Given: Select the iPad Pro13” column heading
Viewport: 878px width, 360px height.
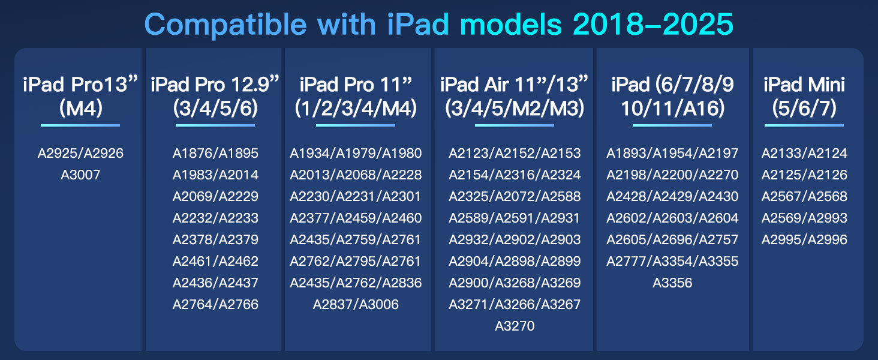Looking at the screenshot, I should [x=80, y=85].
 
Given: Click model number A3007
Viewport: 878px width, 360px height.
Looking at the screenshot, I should [x=80, y=175].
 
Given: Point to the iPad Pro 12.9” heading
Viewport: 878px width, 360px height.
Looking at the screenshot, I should [x=215, y=85].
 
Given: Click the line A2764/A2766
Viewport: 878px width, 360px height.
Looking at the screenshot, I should [x=215, y=305].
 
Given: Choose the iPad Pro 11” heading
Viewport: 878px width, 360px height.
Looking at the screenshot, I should [x=356, y=85].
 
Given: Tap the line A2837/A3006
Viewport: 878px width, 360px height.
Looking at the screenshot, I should [x=356, y=305].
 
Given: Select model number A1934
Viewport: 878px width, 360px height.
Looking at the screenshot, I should [x=311, y=154].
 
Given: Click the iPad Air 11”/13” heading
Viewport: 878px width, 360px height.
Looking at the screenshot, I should [x=515, y=85].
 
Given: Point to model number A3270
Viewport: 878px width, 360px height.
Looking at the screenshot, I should [x=515, y=326].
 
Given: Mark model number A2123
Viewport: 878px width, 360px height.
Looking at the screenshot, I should [x=470, y=154].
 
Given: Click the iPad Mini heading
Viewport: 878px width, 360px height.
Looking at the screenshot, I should [x=804, y=85].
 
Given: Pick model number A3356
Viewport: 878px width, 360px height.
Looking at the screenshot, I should [x=672, y=283].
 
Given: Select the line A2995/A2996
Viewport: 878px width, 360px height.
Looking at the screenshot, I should [x=804, y=240].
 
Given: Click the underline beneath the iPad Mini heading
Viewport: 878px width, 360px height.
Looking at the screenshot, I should [x=804, y=125].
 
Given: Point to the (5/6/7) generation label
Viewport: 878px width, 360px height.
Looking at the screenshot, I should [x=804, y=109].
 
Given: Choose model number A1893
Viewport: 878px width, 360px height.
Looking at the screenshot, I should [x=627, y=154].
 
